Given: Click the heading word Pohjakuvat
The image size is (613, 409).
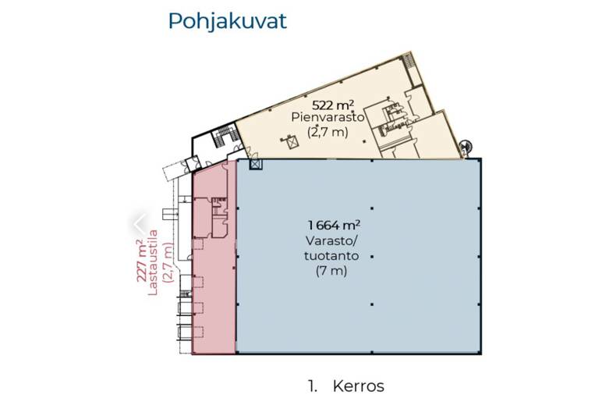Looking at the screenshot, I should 227,21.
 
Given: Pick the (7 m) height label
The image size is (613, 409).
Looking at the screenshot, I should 331,272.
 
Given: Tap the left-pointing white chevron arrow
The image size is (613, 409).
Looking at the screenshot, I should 139,225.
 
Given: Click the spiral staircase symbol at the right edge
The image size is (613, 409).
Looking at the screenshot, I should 466,145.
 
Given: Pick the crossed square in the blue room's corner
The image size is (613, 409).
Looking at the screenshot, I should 254,164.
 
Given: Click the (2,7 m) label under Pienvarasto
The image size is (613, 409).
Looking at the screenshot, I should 320,132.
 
